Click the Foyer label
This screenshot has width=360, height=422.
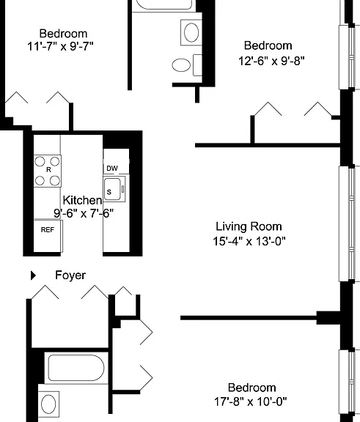pyautogui.click(x=70, y=275)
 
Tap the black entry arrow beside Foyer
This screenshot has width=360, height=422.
pyautogui.click(x=33, y=275)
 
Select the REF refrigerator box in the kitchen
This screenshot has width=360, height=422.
pyautogui.click(x=48, y=236)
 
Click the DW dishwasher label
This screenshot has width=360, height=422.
pyautogui.click(x=112, y=169)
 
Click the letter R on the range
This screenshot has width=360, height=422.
pyautogui.click(x=48, y=169)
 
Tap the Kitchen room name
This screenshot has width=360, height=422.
pyautogui.click(x=82, y=200)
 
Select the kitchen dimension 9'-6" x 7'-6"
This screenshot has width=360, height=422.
pyautogui.click(x=84, y=213)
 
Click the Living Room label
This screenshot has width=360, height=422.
pyautogui.click(x=249, y=226)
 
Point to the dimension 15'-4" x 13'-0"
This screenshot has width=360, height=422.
pyautogui.click(x=249, y=241)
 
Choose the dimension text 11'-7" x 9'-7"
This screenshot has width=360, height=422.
pyautogui.click(x=60, y=46)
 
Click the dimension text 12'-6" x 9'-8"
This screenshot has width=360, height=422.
pyautogui.click(x=271, y=61)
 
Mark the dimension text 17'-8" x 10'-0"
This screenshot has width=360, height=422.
pyautogui.click(x=251, y=401)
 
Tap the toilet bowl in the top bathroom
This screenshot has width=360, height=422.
pyautogui.click(x=181, y=65)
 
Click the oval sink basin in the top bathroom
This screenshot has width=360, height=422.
pyautogui.click(x=191, y=32)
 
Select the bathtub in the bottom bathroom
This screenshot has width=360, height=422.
pyautogui.click(x=76, y=368)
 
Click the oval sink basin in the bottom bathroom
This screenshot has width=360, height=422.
pyautogui.click(x=48, y=404)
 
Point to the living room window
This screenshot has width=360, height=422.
pyautogui.click(x=349, y=224)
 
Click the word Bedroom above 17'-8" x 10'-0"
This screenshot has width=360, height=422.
pyautogui.click(x=251, y=388)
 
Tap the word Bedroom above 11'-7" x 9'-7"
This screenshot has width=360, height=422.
pyautogui.click(x=63, y=34)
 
